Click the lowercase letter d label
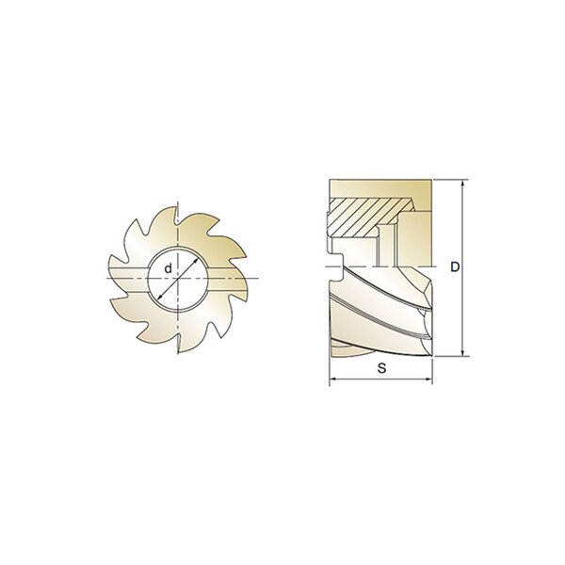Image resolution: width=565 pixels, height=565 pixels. [168, 268]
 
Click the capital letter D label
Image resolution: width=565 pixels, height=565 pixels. [455, 267]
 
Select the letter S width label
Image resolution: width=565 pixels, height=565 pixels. [382, 368]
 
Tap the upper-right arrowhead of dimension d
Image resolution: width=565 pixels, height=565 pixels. [197, 260]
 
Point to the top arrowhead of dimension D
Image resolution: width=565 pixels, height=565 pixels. [463, 183]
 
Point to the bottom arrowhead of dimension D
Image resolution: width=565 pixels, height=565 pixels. [463, 353]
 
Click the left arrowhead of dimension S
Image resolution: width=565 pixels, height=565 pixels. [332, 379]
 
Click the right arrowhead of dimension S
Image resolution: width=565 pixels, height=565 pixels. [428, 379]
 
